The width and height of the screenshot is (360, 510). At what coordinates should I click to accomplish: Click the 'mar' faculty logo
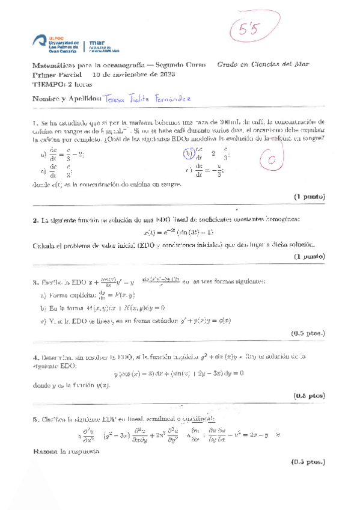coord(103,45)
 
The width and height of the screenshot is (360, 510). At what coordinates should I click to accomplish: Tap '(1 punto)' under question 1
coord(309,197)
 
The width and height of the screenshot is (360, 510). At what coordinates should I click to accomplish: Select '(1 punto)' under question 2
coord(309,256)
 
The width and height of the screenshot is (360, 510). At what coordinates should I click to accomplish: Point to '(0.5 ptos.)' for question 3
coord(307,332)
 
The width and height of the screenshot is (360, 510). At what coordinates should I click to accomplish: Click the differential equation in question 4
coord(179,373)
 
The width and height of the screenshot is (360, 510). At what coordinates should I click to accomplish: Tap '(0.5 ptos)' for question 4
coord(308,395)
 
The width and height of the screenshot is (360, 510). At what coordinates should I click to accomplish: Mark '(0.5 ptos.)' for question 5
coord(307,462)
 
